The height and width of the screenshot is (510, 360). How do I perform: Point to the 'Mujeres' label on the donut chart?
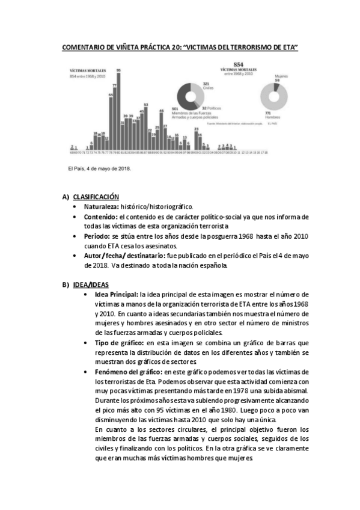[281, 76]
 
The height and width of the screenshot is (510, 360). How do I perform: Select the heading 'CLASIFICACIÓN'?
[96, 197]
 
